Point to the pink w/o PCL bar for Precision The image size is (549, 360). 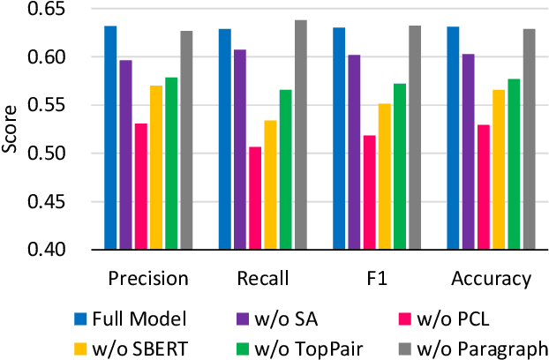(x=140, y=186)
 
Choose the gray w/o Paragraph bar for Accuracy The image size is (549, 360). (x=528, y=139)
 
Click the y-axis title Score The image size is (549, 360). (x=11, y=130)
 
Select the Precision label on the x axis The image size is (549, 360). (x=147, y=280)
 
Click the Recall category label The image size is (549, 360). (x=261, y=280)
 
